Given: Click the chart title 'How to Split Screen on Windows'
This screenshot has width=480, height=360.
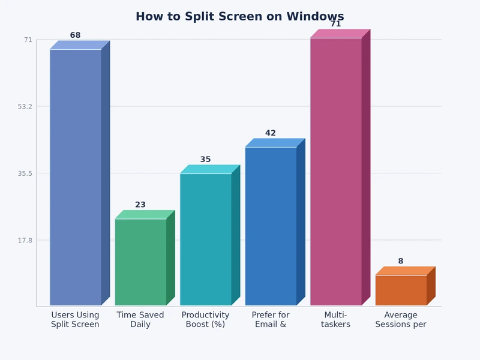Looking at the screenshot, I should coord(239,17).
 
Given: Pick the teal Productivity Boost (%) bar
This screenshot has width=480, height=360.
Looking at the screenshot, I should coord(206,239).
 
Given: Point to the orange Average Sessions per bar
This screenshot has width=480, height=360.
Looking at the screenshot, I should coord(401,290).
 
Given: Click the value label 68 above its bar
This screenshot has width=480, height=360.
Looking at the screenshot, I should coord(75,35).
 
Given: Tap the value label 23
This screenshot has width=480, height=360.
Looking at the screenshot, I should coord(140,205).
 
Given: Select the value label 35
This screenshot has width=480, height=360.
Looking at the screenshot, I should coord(205,160).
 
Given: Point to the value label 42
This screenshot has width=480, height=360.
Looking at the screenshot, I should coord(271,133).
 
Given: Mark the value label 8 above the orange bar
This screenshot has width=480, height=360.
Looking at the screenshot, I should coord(401,261).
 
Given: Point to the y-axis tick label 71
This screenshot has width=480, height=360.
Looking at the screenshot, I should coord(28,40).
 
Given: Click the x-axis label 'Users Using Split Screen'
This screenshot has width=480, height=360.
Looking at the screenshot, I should coord(75,320).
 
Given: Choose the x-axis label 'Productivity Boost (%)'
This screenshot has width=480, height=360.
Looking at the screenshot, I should coord(205,320).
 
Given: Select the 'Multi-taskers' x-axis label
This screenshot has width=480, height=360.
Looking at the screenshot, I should coord(335,320).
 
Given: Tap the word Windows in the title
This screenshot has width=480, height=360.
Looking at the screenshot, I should coord(315,17).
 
